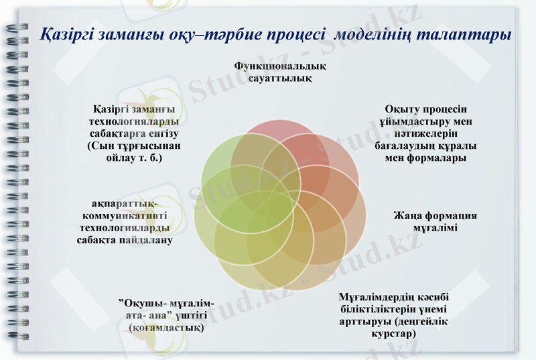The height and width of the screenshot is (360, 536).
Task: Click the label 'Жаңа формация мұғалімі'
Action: pyautogui.click(x=435, y=222)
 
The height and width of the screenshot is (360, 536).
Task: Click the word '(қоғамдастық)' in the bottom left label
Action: pyautogui.click(x=166, y=328)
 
